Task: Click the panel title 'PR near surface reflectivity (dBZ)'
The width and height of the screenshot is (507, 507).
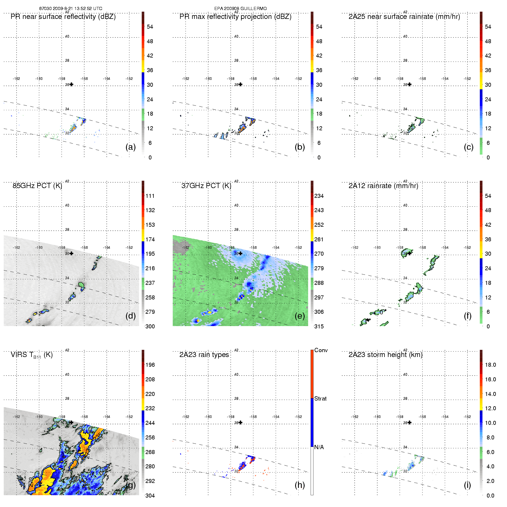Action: pyautogui.click(x=63, y=17)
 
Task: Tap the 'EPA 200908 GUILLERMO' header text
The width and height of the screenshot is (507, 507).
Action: pyautogui.click(x=240, y=9)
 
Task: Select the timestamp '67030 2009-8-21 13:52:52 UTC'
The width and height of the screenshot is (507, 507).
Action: pyautogui.click(x=71, y=9)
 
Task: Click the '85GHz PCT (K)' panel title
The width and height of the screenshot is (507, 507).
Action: pyautogui.click(x=37, y=186)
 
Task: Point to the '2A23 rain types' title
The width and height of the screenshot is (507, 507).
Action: pyautogui.click(x=204, y=355)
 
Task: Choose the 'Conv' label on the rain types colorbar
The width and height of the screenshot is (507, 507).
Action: pyautogui.click(x=321, y=350)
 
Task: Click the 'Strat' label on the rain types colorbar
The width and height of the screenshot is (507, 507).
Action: pyautogui.click(x=320, y=399)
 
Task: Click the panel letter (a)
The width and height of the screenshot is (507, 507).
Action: pyautogui.click(x=131, y=147)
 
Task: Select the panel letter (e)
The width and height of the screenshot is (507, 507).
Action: pyautogui.click(x=300, y=316)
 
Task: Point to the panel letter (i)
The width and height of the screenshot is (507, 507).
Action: pyautogui.click(x=467, y=485)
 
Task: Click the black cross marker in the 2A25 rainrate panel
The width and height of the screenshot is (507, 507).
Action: pyautogui.click(x=410, y=84)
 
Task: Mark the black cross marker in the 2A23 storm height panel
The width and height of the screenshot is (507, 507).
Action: pyautogui.click(x=410, y=423)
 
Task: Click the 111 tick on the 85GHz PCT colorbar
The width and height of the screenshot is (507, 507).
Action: pyautogui.click(x=150, y=196)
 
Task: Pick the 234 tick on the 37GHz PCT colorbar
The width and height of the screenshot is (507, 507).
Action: pyautogui.click(x=319, y=196)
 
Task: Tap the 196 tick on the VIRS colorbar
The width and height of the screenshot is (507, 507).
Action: pyautogui.click(x=150, y=365)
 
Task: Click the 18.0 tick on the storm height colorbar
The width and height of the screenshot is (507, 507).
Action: pyautogui.click(x=490, y=365)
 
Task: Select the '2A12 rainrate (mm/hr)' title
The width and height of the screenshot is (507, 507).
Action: pyautogui.click(x=383, y=186)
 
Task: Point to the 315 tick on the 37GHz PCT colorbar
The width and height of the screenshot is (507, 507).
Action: pyautogui.click(x=319, y=326)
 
